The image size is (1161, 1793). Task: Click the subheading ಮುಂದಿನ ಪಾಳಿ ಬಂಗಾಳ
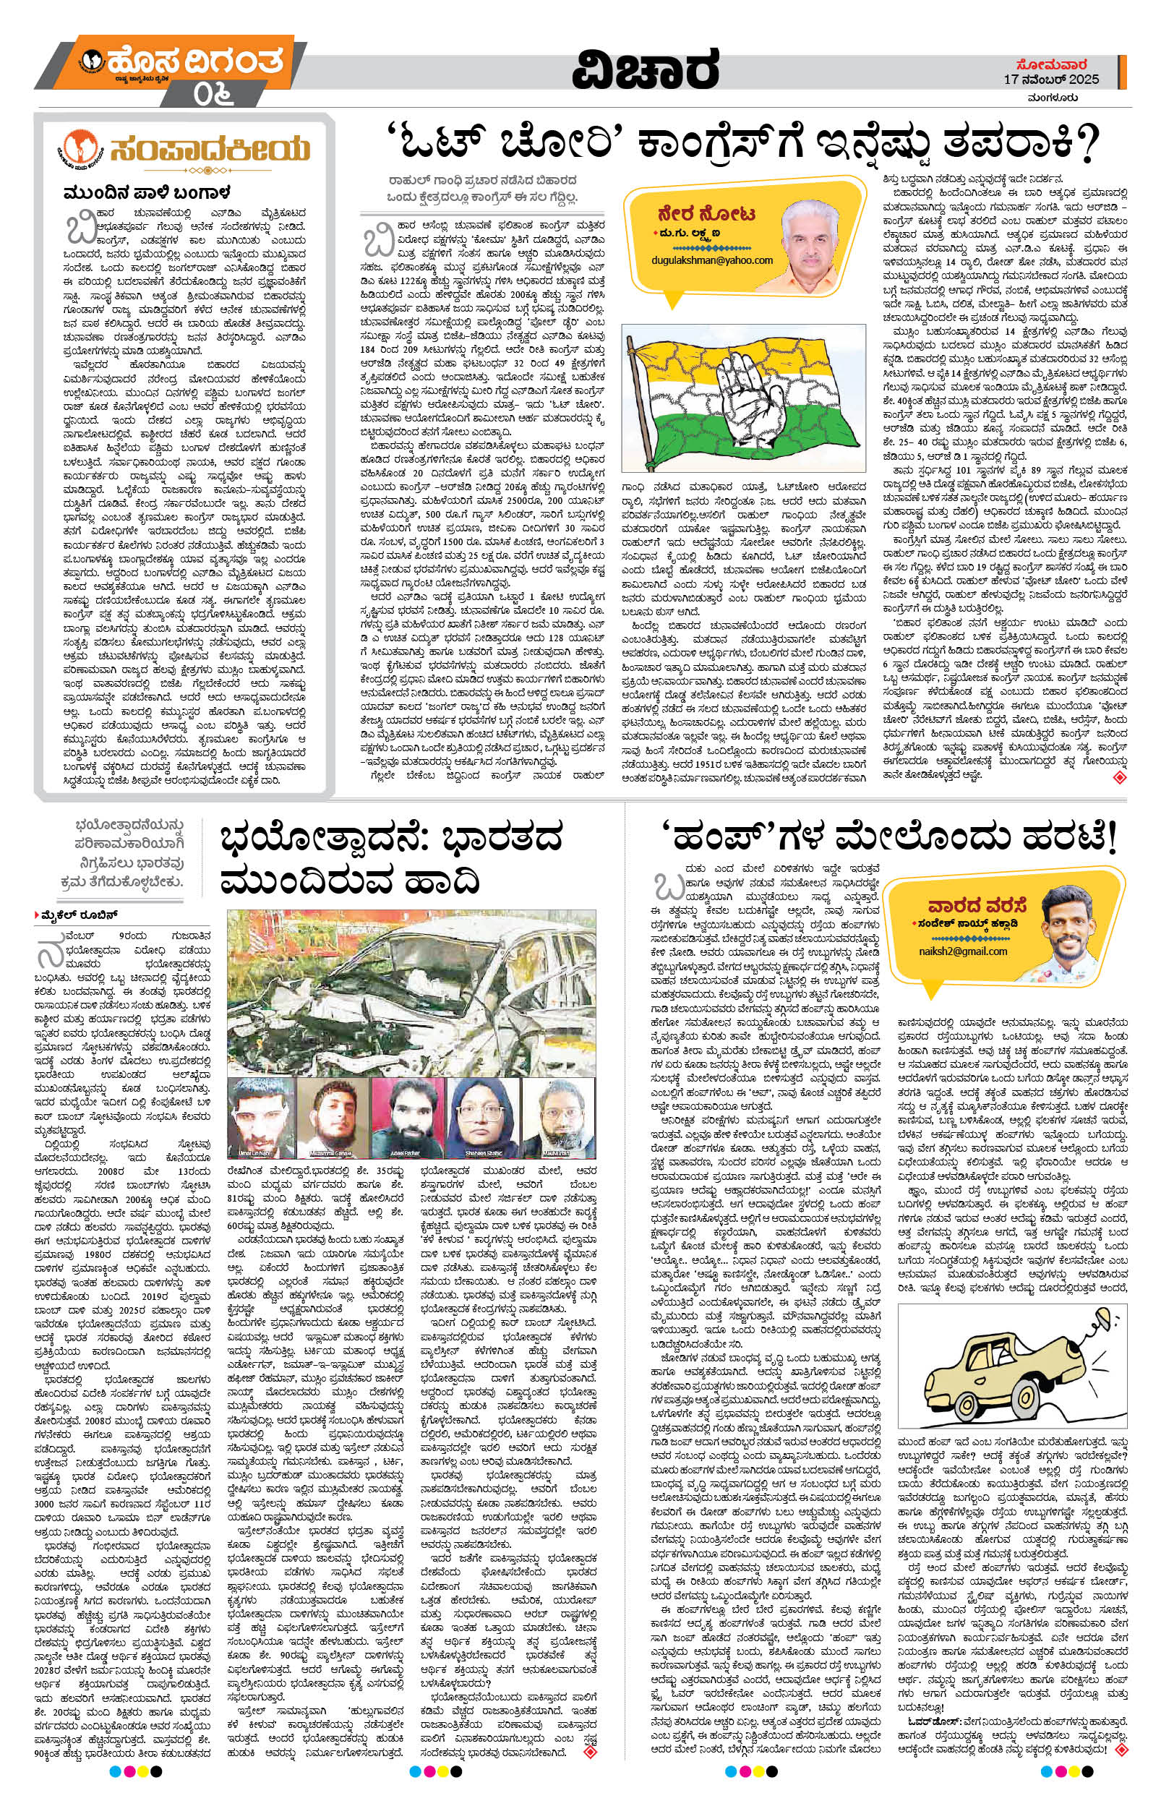[x=146, y=192]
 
